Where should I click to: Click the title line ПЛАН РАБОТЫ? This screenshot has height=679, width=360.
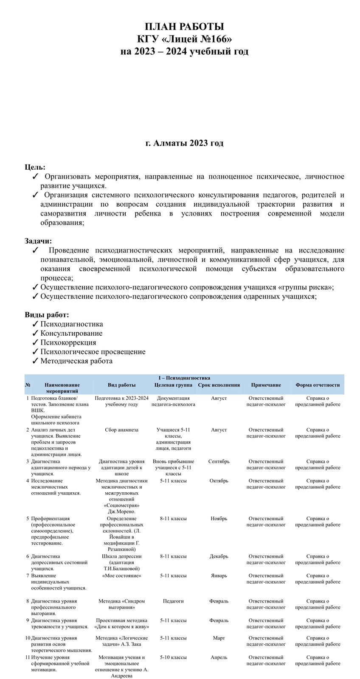tap(184, 27)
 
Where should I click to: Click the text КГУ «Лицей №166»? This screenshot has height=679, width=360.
tap(184, 39)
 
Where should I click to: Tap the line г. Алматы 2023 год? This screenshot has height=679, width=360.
tap(184, 143)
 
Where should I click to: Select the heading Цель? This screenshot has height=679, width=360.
tap(35, 167)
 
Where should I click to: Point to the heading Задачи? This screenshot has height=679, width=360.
tap(38, 241)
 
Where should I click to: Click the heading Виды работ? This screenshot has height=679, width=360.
tap(47, 315)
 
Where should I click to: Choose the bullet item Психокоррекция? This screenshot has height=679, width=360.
tap(68, 342)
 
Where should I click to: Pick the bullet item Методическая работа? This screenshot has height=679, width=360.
tap(76, 361)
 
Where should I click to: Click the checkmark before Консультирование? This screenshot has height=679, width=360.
tap(36, 334)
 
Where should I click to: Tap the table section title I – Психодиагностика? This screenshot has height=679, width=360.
tap(184, 378)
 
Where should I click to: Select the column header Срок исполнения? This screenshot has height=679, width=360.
tap(219, 385)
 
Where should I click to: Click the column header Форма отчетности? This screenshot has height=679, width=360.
tap(318, 385)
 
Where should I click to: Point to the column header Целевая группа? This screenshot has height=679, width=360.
tap(173, 385)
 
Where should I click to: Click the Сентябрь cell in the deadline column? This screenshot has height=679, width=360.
tap(219, 461)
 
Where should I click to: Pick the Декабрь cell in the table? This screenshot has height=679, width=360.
tap(219, 556)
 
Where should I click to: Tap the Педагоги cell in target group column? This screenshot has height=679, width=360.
tap(173, 601)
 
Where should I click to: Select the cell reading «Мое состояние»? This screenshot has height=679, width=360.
tap(121, 576)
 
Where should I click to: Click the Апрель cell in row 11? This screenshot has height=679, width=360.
tap(219, 657)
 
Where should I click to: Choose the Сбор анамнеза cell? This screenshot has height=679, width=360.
tap(121, 430)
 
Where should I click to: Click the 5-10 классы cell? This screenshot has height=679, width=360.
tap(173, 657)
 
